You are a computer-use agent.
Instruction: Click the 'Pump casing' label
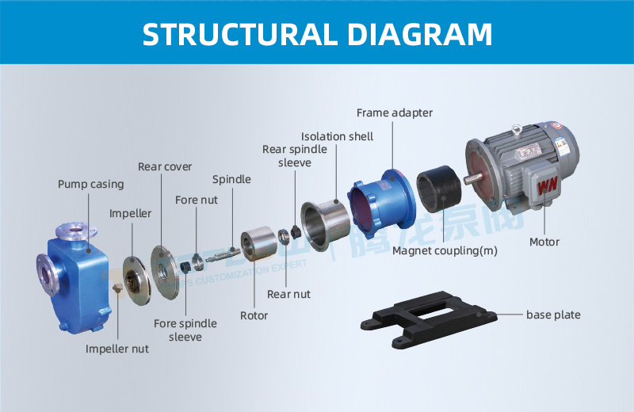click(x=90, y=185)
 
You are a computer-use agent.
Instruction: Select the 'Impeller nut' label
click(x=116, y=349)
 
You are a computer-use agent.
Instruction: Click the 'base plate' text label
click(x=553, y=315)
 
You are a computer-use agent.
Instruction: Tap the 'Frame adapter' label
click(x=394, y=113)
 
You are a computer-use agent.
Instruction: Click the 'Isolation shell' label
click(x=337, y=136)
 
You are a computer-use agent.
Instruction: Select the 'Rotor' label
click(x=254, y=316)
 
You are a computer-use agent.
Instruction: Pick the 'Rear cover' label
click(x=165, y=167)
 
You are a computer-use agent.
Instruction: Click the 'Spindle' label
click(x=231, y=180)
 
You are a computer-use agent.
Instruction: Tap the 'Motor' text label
click(x=544, y=242)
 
